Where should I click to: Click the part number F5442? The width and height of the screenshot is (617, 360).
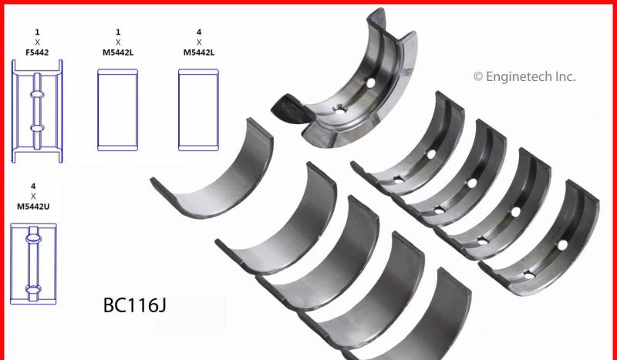[x=37, y=52]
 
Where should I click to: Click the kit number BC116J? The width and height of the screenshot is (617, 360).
[x=134, y=305]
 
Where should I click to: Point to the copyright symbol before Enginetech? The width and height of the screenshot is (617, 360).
[x=478, y=77]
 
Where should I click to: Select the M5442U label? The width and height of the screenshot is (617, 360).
[x=33, y=206]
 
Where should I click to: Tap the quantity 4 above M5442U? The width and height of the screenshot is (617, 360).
[x=33, y=186]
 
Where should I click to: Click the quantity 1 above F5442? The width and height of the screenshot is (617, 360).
[x=37, y=32]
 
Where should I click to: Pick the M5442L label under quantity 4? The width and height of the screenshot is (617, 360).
[x=199, y=52]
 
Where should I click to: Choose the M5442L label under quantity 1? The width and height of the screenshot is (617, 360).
[x=118, y=52]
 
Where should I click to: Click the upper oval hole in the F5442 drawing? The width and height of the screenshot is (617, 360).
[x=37, y=94]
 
